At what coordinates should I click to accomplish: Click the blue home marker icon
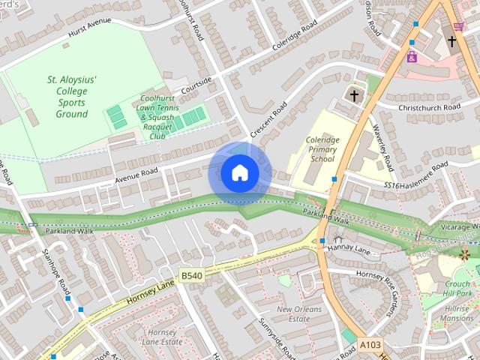coord(239,172)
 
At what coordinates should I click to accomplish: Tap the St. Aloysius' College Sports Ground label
coord(72,97)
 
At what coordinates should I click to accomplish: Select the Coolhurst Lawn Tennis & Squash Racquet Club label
coord(157,117)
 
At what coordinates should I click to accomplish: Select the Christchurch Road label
coord(430,108)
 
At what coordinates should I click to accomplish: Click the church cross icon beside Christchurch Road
coord(355,95)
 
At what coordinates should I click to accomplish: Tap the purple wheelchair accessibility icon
coord(412,56)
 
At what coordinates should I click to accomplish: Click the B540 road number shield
coord(191,276)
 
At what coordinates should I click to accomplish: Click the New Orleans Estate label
coord(293,313)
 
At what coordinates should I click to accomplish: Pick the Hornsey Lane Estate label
coord(162,337)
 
